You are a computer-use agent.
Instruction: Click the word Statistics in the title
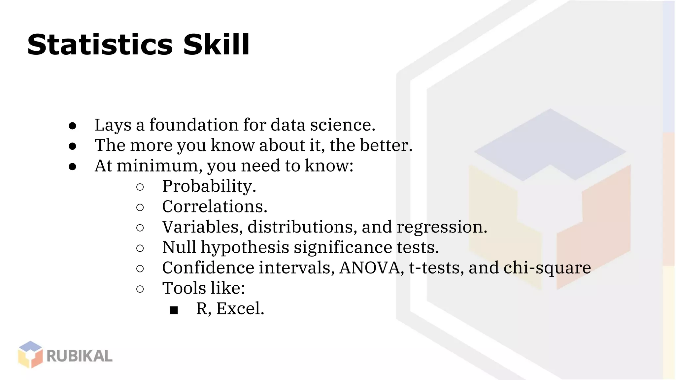point(100,45)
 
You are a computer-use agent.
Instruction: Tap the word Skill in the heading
point(216,45)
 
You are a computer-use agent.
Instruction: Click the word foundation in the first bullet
point(194,125)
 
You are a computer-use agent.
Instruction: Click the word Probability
point(209,186)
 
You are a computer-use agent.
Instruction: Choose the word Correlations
point(215,207)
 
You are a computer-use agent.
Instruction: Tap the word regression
point(442,227)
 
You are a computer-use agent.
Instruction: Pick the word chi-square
point(547,268)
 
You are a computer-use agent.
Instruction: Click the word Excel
point(240,309)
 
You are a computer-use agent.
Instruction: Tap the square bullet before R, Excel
point(174,310)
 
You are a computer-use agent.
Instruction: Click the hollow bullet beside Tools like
point(140,289)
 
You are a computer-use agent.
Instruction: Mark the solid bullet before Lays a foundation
point(73,126)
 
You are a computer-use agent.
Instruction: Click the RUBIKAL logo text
point(80,356)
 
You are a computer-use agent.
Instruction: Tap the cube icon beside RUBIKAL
point(30,355)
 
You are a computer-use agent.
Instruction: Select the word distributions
point(302,227)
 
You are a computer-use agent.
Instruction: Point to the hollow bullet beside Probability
point(140,187)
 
